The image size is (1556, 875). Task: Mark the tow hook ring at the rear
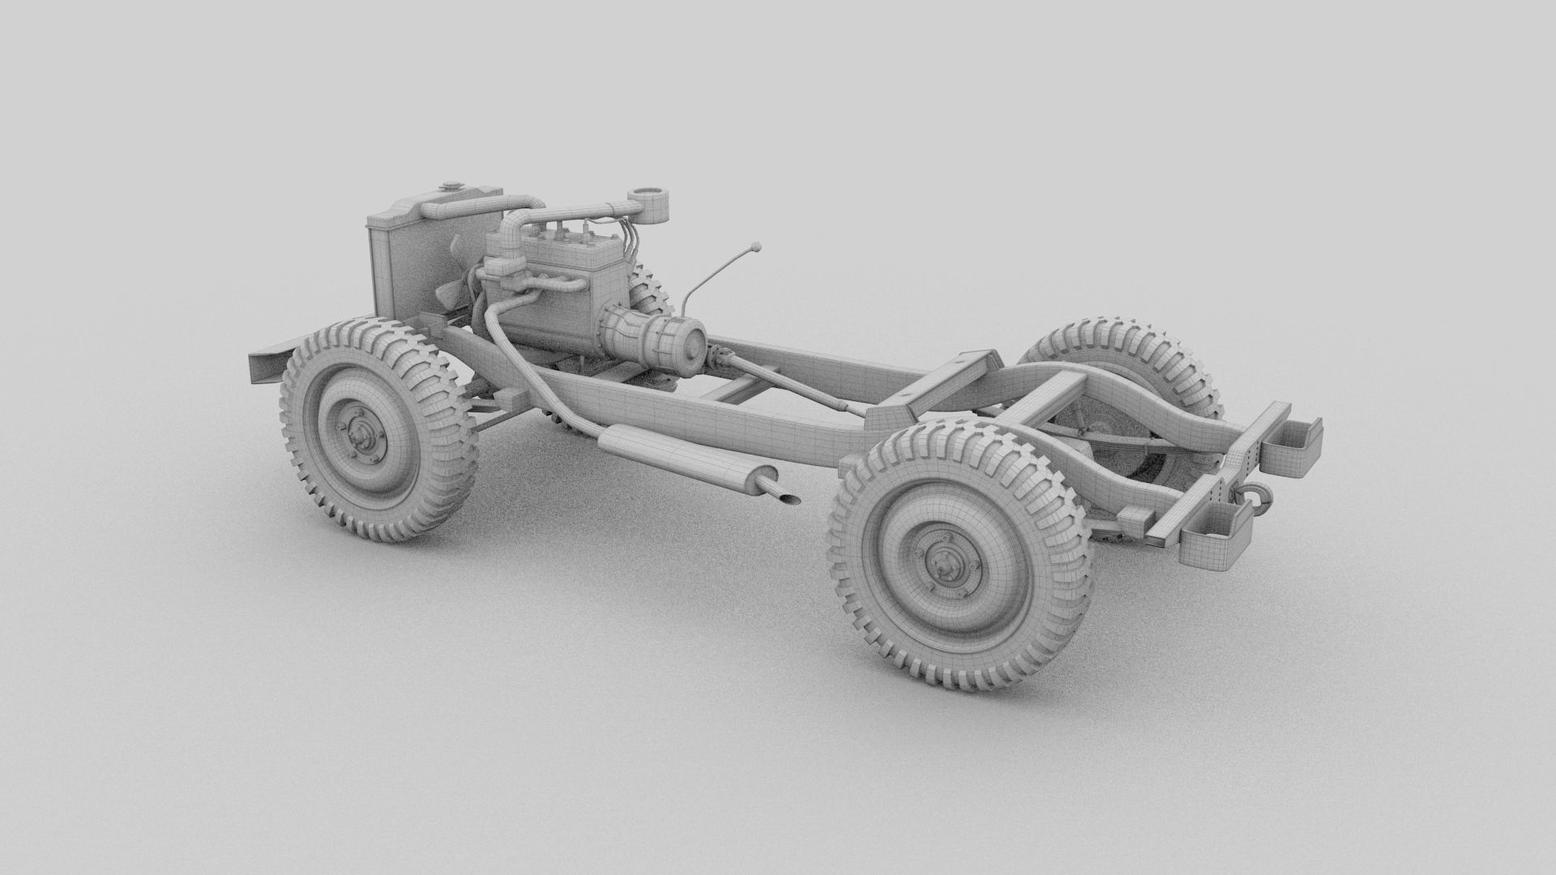click(1255, 495)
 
